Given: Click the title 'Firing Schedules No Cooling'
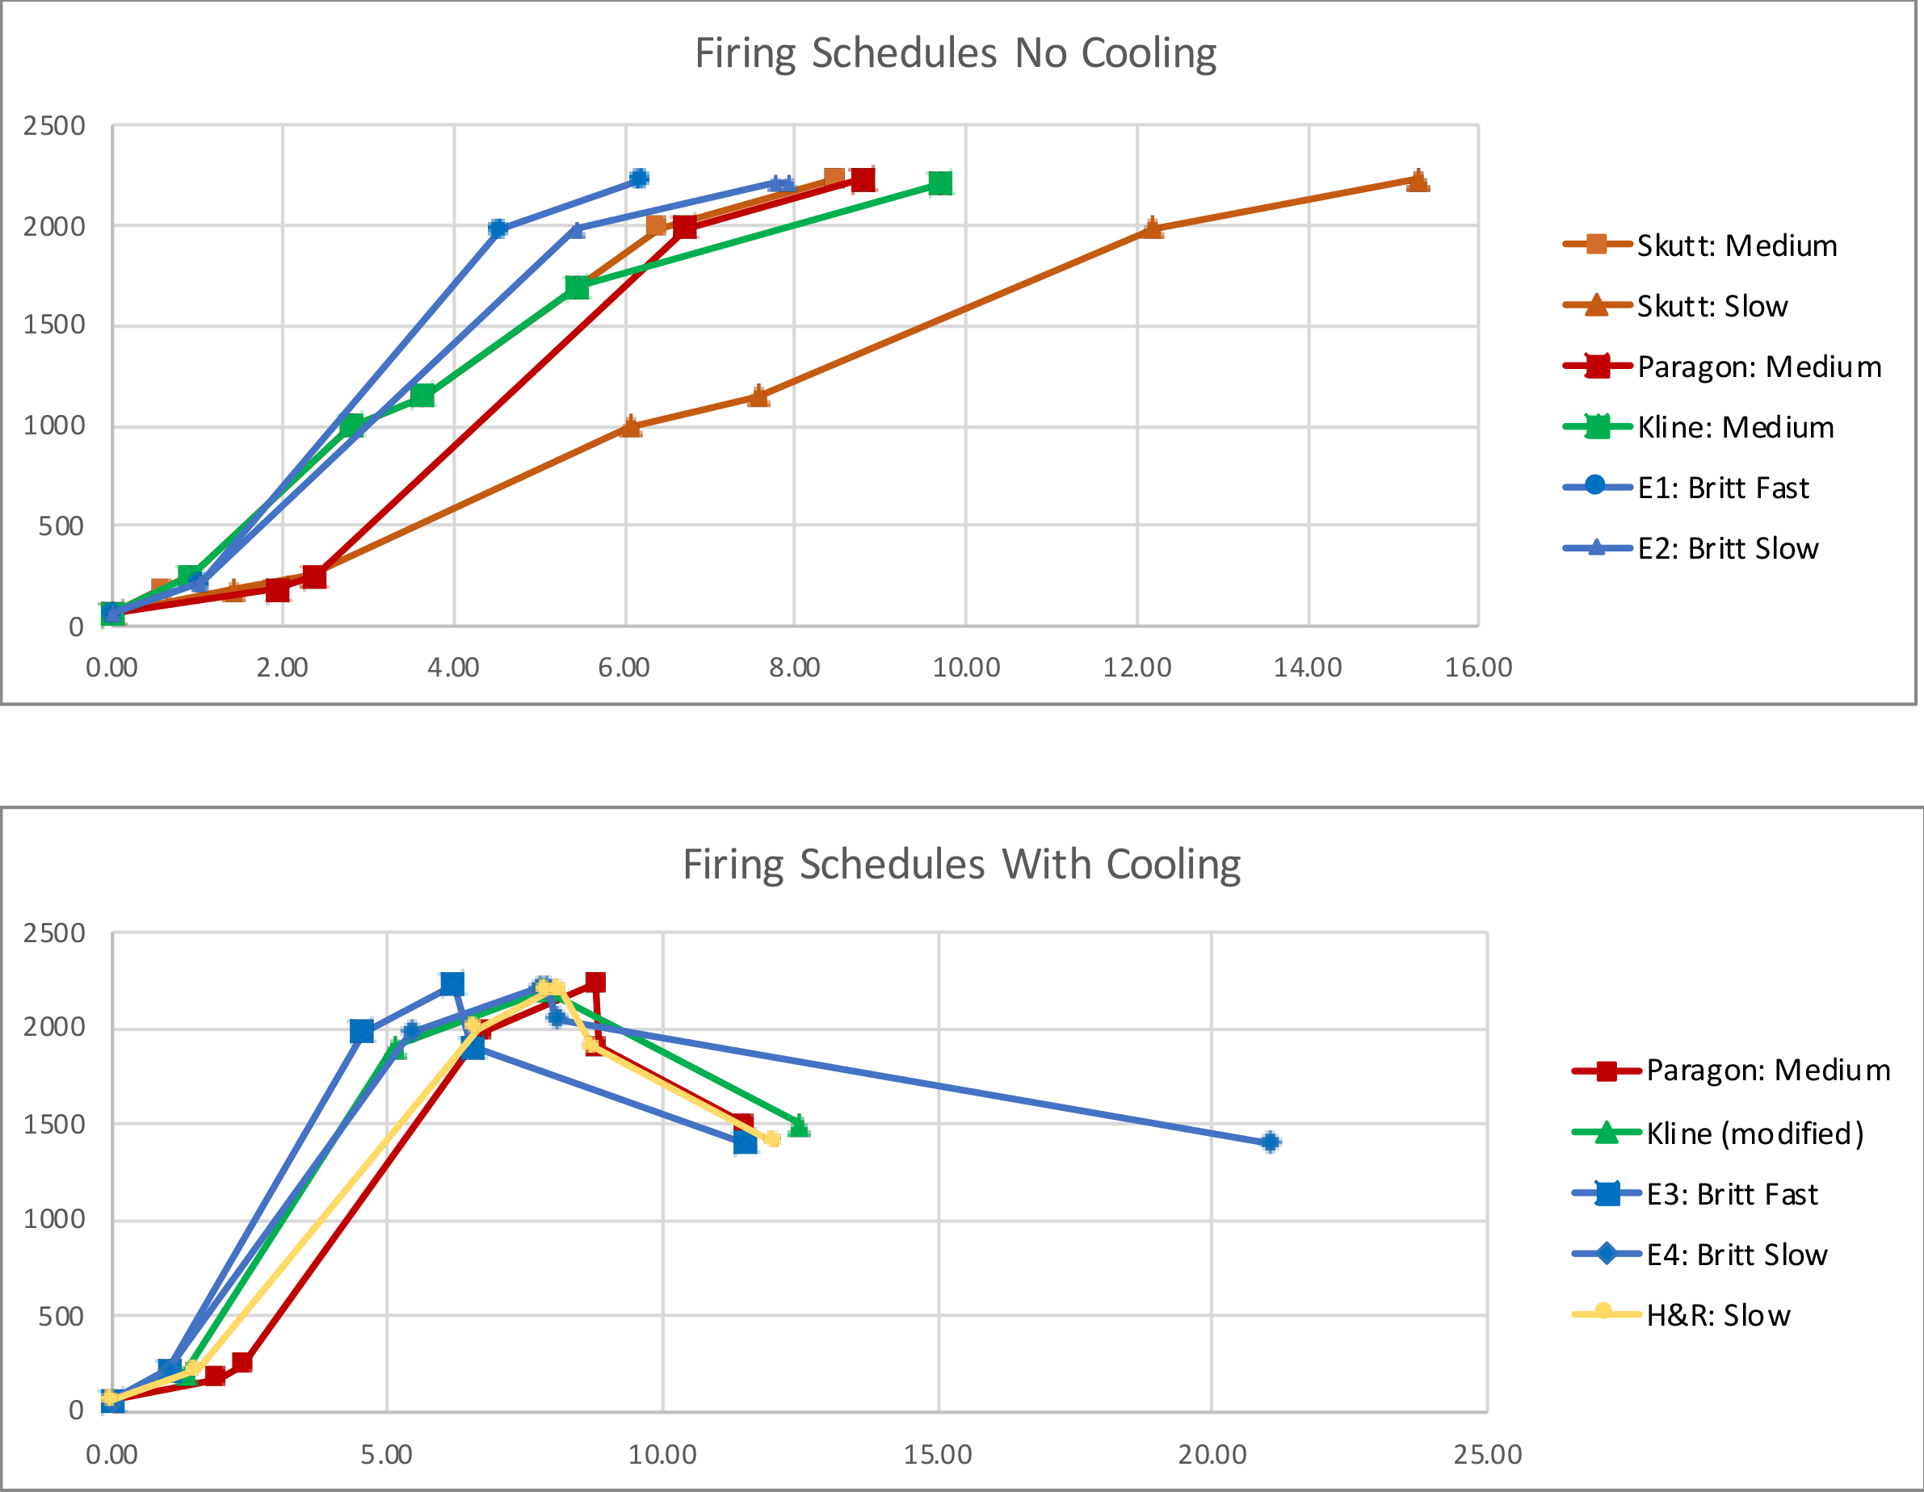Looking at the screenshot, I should pyautogui.click(x=955, y=52).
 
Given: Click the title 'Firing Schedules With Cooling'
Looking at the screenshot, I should pyautogui.click(x=961, y=864).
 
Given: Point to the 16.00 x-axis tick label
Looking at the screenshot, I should pyautogui.click(x=1478, y=668).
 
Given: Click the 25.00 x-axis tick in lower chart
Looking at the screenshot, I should pyautogui.click(x=1488, y=1454).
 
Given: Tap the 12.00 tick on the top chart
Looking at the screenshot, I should pyautogui.click(x=1136, y=668).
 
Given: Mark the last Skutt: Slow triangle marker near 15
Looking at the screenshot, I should pyautogui.click(x=1418, y=181).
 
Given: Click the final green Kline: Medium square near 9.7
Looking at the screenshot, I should pyautogui.click(x=940, y=183).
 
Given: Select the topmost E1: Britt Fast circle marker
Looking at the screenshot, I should pyautogui.click(x=640, y=178).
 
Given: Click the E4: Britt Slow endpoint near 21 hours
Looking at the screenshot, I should pyautogui.click(x=1270, y=1142).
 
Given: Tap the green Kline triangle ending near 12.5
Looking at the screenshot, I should pyautogui.click(x=799, y=1126).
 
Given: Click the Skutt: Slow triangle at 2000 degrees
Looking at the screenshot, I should pyautogui.click(x=1151, y=229).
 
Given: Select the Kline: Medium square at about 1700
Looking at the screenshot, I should pyautogui.click(x=577, y=288).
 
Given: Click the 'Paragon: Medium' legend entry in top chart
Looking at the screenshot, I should pyautogui.click(x=1758, y=367).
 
